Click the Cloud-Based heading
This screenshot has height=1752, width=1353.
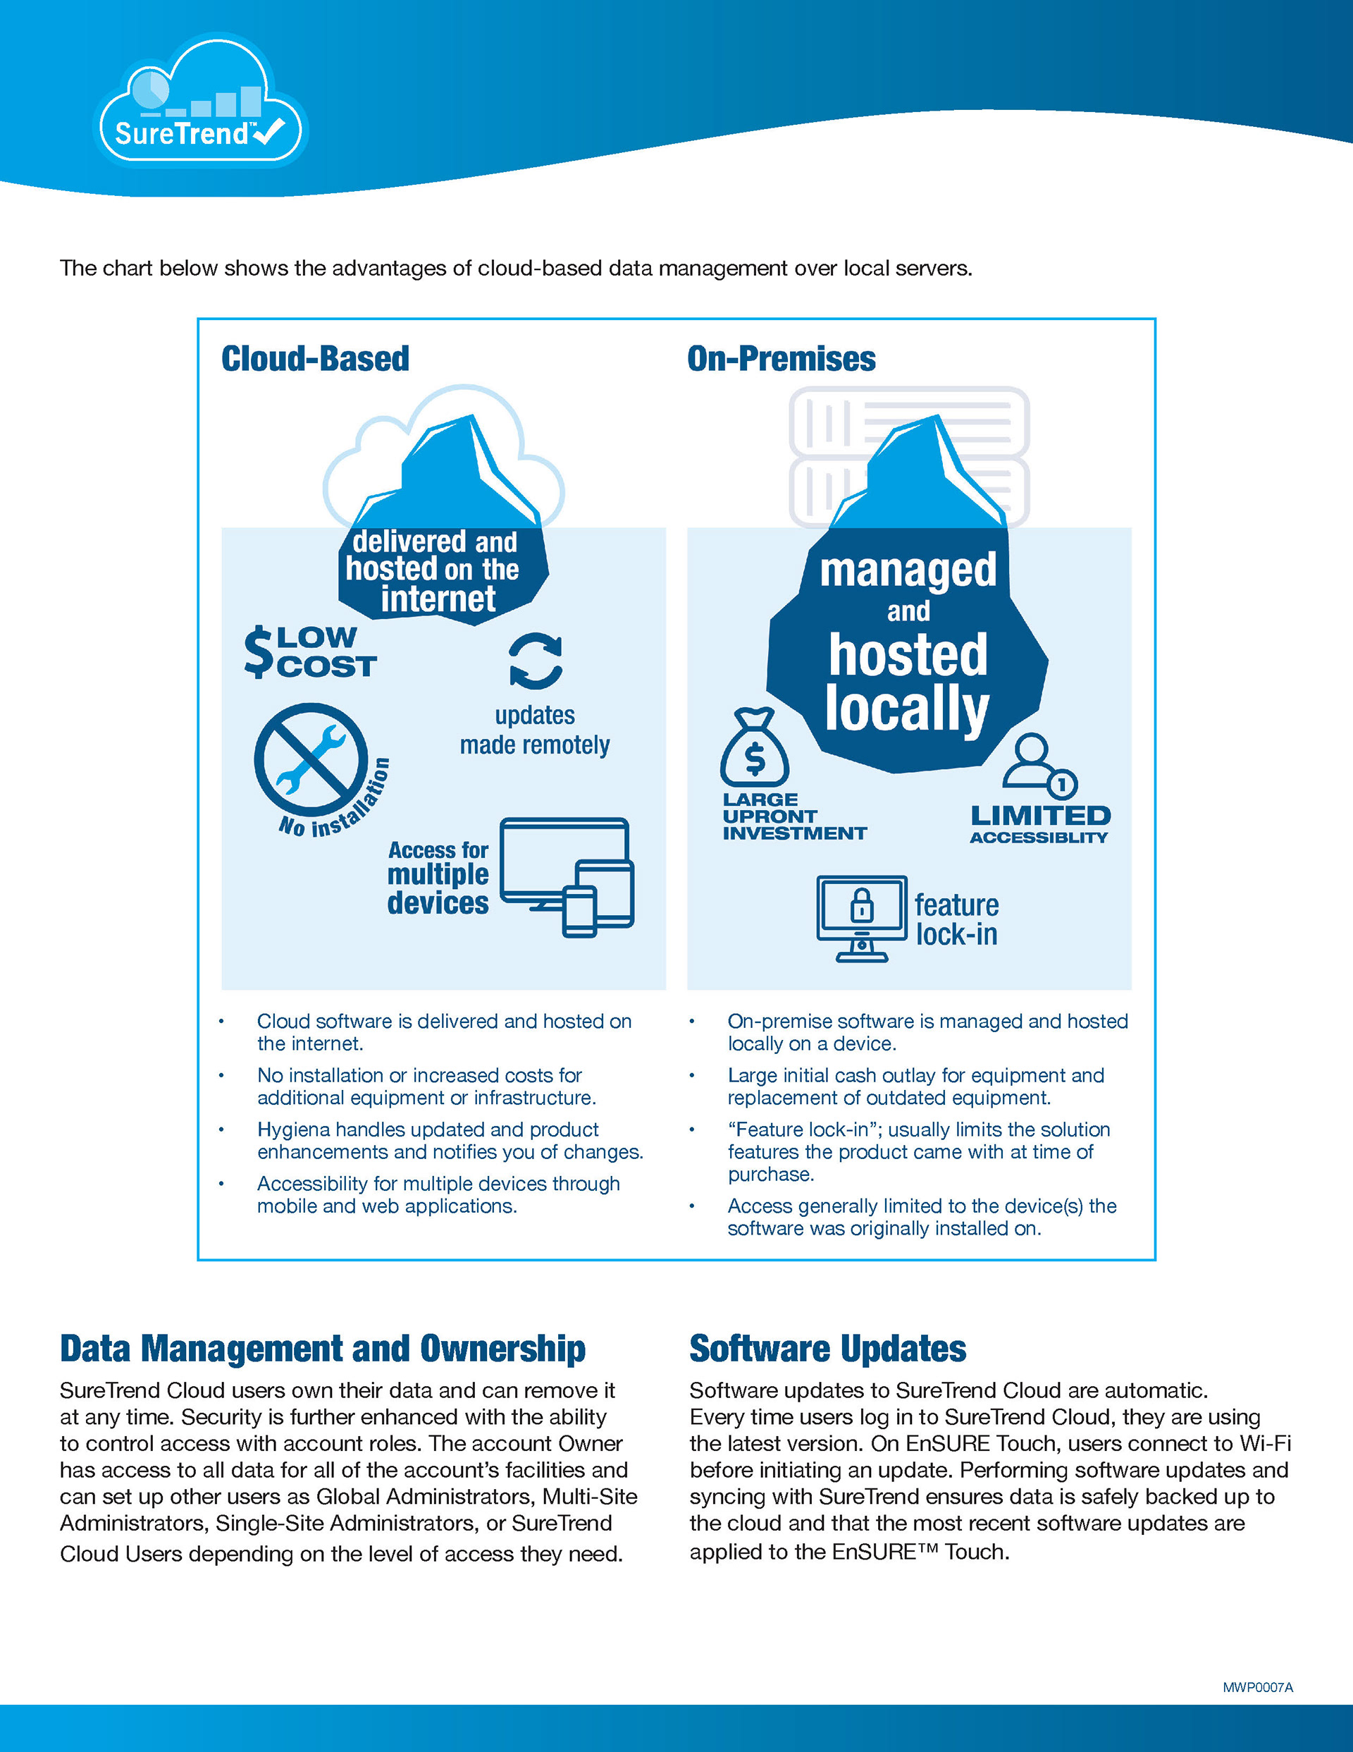315,359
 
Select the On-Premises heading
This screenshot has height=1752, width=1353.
781,359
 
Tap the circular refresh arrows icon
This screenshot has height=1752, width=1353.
536,661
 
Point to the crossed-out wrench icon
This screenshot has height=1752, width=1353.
311,758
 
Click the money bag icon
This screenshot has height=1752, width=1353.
754,747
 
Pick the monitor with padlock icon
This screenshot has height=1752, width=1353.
862,919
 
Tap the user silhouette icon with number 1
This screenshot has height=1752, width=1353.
1039,764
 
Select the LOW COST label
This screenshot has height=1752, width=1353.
310,652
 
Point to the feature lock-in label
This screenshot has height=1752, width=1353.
957,919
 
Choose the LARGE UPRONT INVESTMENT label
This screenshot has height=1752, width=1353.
794,816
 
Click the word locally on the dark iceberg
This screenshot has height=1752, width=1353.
907,709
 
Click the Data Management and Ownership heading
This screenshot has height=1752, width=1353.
323,1349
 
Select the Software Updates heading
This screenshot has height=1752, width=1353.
828,1349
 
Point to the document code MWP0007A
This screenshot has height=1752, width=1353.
1258,1688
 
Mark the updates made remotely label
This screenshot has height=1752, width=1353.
535,730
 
